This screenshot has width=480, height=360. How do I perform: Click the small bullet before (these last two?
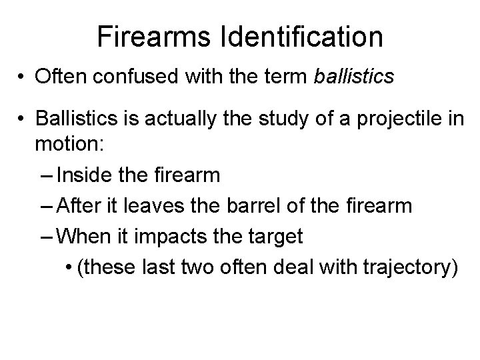(x=71, y=267)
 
